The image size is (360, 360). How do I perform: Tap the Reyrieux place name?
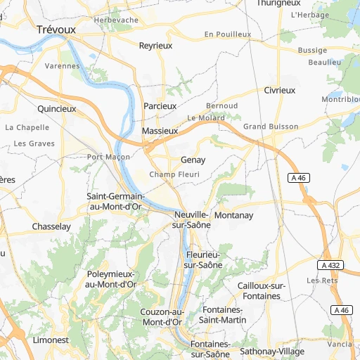[x=155, y=45]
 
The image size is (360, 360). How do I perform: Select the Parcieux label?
[x=160, y=105]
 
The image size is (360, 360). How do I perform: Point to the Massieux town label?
[x=160, y=131]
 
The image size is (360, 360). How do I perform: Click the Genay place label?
[x=193, y=160]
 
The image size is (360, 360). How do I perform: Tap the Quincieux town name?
[x=56, y=109]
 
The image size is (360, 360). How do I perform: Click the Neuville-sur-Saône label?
[x=191, y=219]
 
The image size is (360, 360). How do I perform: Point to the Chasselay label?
[x=51, y=226]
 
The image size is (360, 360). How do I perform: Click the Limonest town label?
[x=51, y=340]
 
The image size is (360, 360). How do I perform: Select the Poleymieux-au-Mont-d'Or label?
[x=110, y=279]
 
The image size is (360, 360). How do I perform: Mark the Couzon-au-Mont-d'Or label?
[x=162, y=317]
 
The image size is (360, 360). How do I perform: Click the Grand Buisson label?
[x=271, y=127]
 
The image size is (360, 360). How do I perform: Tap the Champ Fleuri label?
[x=175, y=174]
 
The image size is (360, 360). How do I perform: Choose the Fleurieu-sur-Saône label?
[x=203, y=259]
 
